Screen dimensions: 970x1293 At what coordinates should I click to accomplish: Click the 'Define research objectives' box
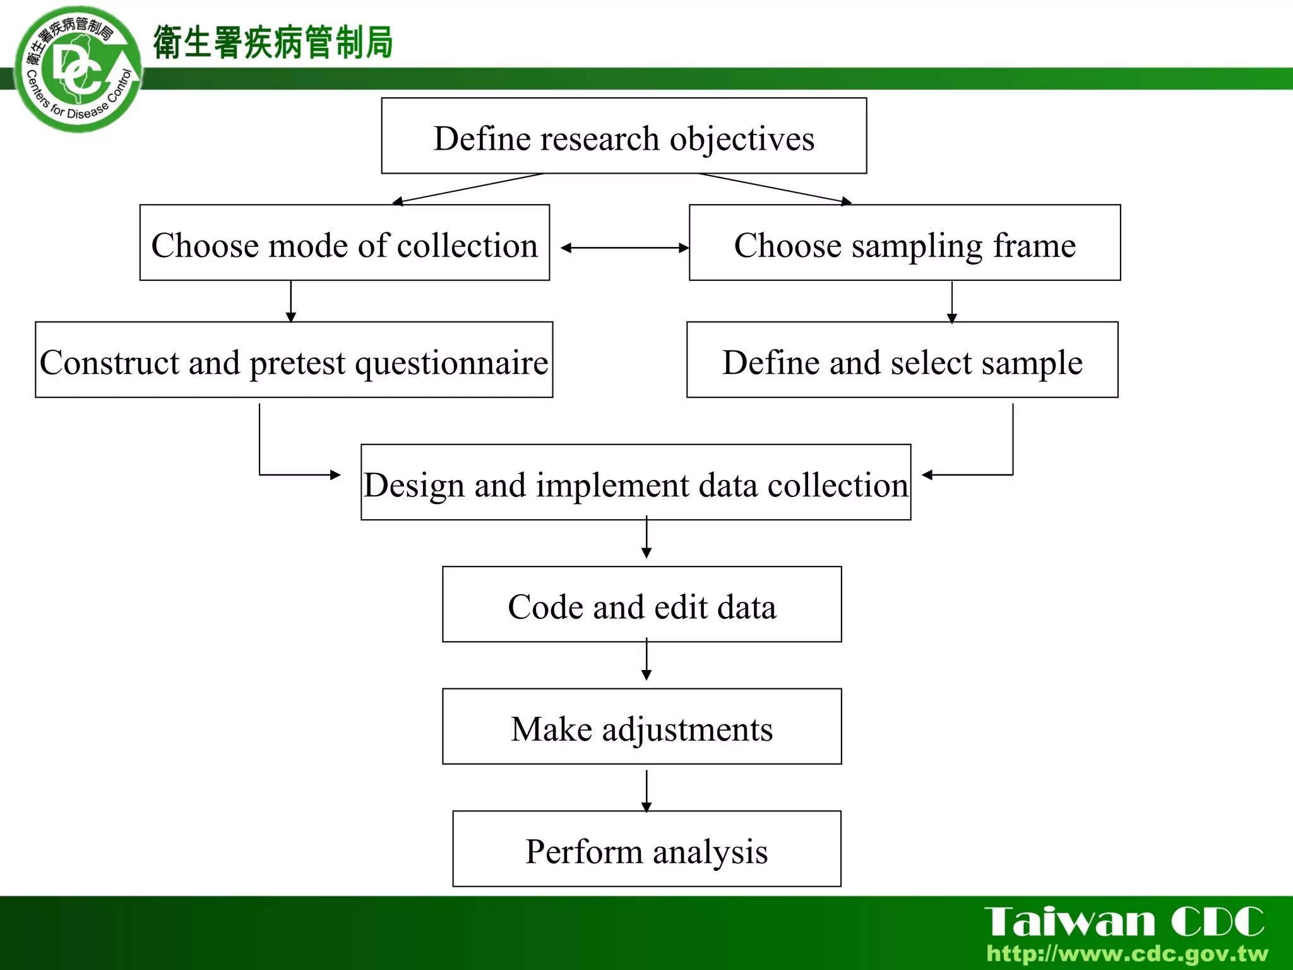pyautogui.click(x=624, y=136)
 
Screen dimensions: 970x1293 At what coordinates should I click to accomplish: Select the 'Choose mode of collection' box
pyautogui.click(x=345, y=242)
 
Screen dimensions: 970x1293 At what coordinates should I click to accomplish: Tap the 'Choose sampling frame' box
pyautogui.click(x=905, y=242)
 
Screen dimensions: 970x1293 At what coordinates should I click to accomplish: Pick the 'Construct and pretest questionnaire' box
pyautogui.click(x=294, y=360)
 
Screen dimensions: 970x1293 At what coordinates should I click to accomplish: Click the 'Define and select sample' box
pyautogui.click(x=902, y=360)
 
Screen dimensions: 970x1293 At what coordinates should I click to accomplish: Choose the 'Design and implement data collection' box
pyautogui.click(x=636, y=482)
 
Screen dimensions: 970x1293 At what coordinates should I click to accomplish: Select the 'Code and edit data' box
pyautogui.click(x=642, y=604)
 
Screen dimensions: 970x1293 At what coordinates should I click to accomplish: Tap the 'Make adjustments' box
pyautogui.click(x=642, y=727)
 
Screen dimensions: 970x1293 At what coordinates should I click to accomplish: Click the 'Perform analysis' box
pyautogui.click(x=646, y=849)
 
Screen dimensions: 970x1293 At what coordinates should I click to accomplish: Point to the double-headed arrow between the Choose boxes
pyautogui.click(x=624, y=248)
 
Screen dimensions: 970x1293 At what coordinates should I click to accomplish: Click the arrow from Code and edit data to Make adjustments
pyautogui.click(x=646, y=661)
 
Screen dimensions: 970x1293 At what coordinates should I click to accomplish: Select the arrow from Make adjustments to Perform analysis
pyautogui.click(x=646, y=790)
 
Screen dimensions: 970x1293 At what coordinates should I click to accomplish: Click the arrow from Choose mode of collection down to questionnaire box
pyautogui.click(x=291, y=301)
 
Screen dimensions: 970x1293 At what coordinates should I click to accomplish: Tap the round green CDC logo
pyautogui.click(x=78, y=70)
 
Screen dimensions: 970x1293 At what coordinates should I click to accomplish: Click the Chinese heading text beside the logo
pyautogui.click(x=273, y=43)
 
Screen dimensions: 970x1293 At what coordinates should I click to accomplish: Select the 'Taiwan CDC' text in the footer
pyautogui.click(x=1124, y=922)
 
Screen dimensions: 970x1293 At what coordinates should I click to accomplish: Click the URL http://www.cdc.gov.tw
pyautogui.click(x=1128, y=954)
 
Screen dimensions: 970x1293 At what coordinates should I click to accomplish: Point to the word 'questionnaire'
pyautogui.click(x=451, y=363)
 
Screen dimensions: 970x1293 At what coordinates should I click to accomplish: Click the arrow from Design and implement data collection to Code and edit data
pyautogui.click(x=646, y=538)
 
